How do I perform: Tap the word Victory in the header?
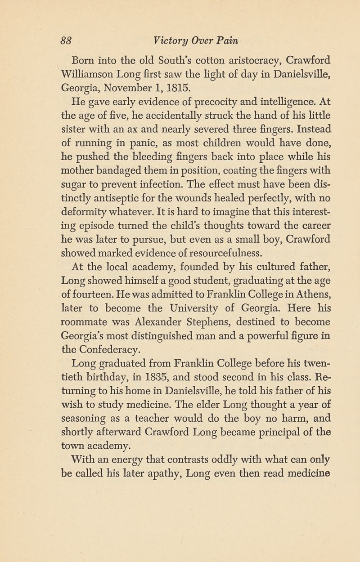click(170, 40)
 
